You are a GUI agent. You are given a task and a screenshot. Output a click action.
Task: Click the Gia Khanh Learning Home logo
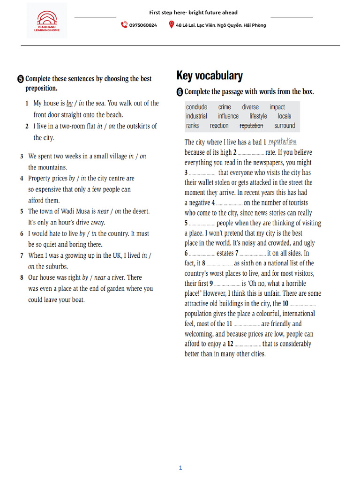point(46,20)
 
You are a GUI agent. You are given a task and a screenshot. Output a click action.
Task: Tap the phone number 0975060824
point(143,25)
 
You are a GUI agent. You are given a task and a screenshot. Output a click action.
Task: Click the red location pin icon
point(171,25)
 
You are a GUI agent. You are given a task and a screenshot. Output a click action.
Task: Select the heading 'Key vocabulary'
point(210,75)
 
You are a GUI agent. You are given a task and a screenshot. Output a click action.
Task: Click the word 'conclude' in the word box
point(196,107)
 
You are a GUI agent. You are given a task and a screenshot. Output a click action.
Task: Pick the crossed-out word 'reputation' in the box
point(251,126)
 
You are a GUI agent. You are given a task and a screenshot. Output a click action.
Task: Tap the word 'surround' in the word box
point(285,126)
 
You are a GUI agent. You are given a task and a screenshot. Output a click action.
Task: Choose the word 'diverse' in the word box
point(250,107)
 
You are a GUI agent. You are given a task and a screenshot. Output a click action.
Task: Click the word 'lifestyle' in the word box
point(258,116)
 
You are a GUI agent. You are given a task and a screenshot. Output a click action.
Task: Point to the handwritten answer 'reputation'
point(283,142)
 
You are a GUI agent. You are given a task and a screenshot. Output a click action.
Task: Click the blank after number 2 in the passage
point(251,152)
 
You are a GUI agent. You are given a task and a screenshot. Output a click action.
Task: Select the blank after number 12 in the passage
point(248,344)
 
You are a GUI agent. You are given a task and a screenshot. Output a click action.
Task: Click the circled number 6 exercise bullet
point(180,92)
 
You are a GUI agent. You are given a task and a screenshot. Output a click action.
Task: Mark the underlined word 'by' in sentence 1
point(70,103)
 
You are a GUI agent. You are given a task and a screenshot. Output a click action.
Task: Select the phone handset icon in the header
point(124,25)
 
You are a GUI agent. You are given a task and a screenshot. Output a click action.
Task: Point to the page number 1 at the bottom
point(180,467)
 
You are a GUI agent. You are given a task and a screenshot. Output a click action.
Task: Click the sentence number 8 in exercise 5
point(22,277)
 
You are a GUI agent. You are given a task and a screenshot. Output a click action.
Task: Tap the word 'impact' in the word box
point(277,107)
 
